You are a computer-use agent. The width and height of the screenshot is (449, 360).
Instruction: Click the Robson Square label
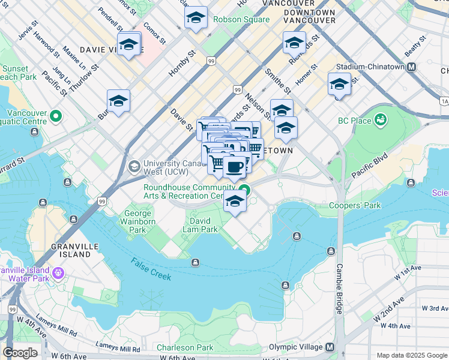point(241,19)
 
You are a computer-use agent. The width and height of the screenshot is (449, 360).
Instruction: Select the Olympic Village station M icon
point(329,347)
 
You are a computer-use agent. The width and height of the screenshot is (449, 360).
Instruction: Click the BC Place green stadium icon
point(379,121)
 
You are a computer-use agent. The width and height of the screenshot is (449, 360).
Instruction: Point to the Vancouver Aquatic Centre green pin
point(56,115)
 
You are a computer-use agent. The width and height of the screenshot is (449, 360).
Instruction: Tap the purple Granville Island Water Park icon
point(58,274)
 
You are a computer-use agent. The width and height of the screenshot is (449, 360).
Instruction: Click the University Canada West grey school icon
point(134,164)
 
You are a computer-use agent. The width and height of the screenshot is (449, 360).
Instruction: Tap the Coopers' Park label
point(355,206)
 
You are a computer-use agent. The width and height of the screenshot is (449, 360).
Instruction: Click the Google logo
point(20,353)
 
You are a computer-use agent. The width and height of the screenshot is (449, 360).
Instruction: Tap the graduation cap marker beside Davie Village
point(128,45)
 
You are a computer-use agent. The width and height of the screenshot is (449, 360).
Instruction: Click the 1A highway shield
point(444,101)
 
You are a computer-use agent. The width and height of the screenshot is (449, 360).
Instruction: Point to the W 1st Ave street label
point(409,277)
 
